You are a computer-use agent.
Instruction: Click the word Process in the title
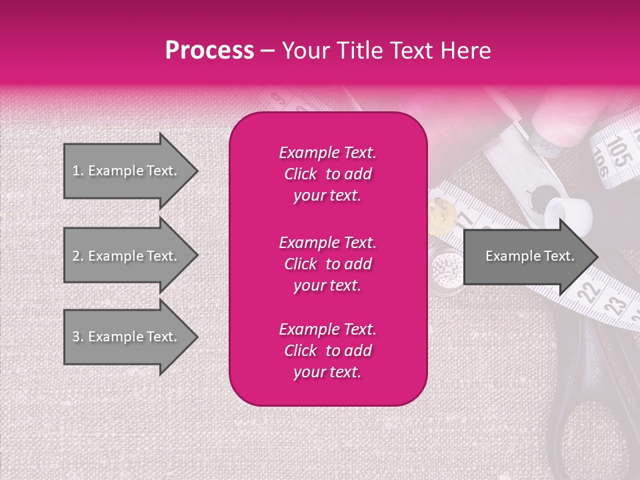pyautogui.click(x=209, y=51)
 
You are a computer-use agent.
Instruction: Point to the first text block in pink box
pyautogui.click(x=327, y=174)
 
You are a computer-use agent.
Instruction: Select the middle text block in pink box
pyautogui.click(x=327, y=264)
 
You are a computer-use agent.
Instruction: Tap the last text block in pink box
pyautogui.click(x=327, y=351)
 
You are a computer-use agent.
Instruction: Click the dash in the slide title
pyautogui.click(x=267, y=51)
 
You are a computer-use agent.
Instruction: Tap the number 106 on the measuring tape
pyautogui.click(x=602, y=163)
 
